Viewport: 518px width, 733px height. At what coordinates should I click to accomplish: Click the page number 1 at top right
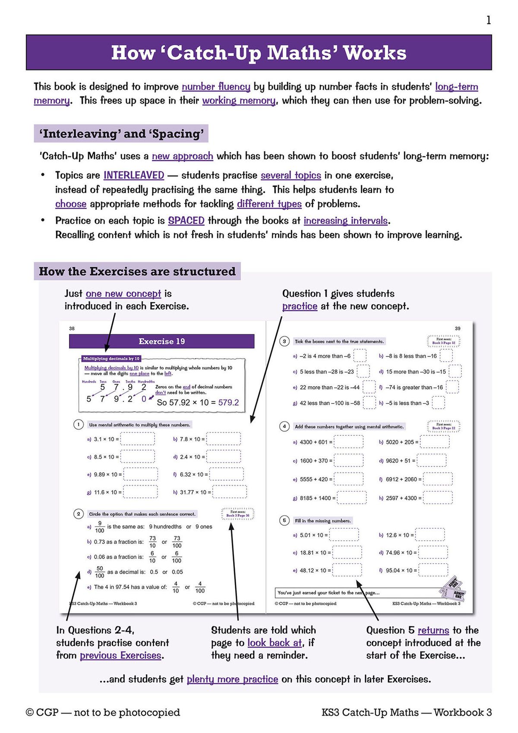tap(488, 20)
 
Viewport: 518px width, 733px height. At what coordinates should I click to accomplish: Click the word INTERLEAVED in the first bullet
tap(134, 175)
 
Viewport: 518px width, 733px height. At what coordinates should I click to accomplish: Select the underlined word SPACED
tap(186, 221)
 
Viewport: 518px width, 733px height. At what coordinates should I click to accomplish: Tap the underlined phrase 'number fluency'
tap(216, 87)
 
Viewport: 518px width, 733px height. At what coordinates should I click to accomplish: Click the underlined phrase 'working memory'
tap(239, 101)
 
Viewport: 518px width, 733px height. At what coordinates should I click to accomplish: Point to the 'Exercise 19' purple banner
tap(161, 341)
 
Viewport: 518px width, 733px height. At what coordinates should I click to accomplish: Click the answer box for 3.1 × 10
tap(137, 439)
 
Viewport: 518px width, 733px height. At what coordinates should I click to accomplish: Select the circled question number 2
tap(78, 514)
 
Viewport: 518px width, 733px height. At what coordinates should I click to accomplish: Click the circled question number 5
tap(284, 520)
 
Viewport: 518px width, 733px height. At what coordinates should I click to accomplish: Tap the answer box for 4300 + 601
tap(348, 442)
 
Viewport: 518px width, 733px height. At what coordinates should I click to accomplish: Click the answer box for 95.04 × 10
tap(433, 570)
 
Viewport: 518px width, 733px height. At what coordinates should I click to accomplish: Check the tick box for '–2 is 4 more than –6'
tap(360, 356)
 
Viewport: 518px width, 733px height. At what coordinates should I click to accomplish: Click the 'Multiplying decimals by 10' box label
tap(111, 359)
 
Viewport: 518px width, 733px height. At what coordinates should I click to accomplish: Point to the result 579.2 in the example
tap(228, 403)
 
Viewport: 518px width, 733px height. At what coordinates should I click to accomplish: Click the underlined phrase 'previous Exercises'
tap(120, 656)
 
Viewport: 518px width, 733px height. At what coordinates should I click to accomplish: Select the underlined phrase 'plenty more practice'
tap(232, 679)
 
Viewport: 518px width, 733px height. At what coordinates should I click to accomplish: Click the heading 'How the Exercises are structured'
tap(137, 272)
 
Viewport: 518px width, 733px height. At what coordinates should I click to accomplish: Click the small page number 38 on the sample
tap(72, 329)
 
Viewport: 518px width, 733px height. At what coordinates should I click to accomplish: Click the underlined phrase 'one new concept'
tap(123, 294)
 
